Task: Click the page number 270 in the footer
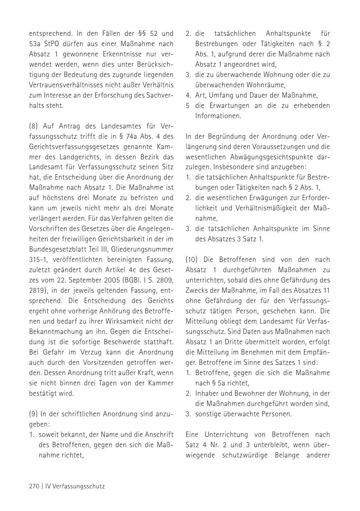34,486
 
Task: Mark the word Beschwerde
120,342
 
